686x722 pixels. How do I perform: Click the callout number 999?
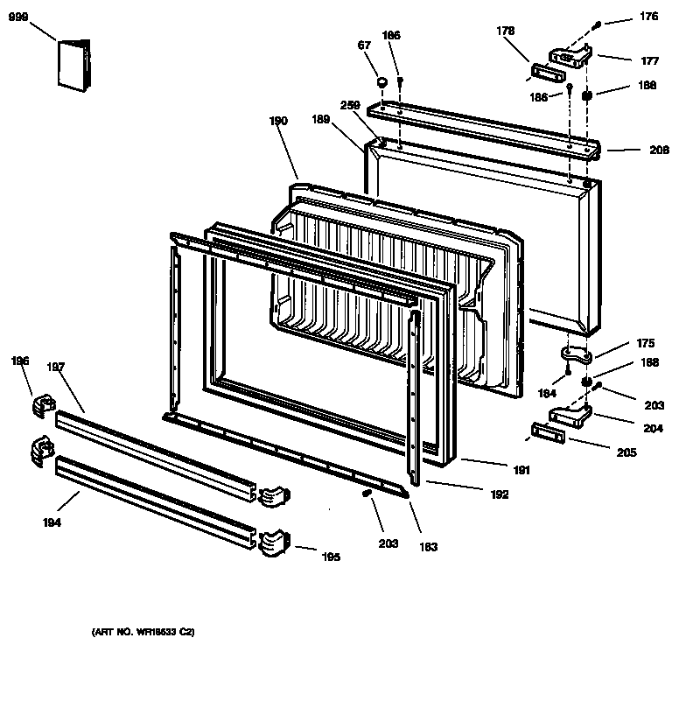(x=18, y=17)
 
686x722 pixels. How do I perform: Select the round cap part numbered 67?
(x=382, y=82)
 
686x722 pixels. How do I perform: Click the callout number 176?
(x=647, y=16)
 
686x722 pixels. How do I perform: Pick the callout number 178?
(x=505, y=31)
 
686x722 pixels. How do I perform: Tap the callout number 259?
(x=351, y=104)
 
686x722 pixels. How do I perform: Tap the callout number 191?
(x=521, y=471)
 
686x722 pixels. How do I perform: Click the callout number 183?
(x=428, y=547)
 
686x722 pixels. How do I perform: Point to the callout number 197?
(x=56, y=368)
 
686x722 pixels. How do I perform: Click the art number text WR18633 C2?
(x=143, y=630)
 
